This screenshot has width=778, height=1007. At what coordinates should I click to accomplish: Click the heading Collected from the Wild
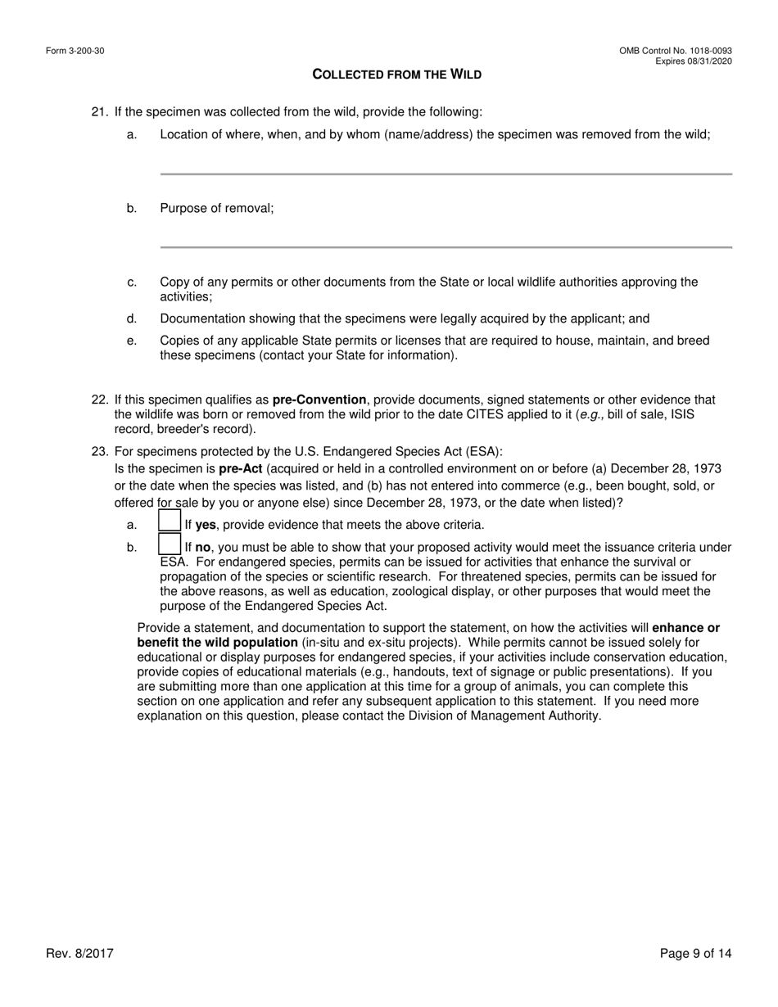tap(396, 75)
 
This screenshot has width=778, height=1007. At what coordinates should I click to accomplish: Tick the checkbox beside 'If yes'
tap(170, 521)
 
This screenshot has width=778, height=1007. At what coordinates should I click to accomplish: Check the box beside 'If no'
tap(170, 544)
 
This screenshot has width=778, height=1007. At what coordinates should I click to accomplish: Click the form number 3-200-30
tap(75, 51)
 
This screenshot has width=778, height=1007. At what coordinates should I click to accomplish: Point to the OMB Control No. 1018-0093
tap(676, 51)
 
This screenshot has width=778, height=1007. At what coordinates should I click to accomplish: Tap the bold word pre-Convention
tap(319, 400)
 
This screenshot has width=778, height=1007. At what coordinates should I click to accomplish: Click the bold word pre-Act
tap(240, 469)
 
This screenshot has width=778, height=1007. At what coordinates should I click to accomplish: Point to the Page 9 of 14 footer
tap(695, 953)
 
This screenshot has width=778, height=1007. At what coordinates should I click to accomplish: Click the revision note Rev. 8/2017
tap(79, 953)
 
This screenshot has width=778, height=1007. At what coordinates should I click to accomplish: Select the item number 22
tap(99, 400)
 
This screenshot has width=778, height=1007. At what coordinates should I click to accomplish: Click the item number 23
tap(99, 452)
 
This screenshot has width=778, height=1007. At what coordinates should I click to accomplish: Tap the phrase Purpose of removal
tap(216, 208)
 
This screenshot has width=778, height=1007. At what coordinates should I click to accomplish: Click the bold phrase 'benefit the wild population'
tap(217, 643)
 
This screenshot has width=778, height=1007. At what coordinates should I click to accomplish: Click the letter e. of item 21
tap(132, 341)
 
